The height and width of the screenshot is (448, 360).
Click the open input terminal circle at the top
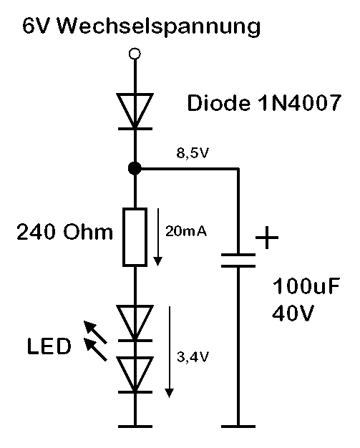134,53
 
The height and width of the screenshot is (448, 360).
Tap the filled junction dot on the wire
134,169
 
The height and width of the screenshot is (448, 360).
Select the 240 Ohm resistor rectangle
134,237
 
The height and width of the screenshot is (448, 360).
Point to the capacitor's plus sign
266,237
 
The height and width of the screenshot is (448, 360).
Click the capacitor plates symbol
238,259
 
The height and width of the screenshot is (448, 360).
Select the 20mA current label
185,232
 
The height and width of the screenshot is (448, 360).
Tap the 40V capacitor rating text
293,313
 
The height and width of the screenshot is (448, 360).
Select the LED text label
49,348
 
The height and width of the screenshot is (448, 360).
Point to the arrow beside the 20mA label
157,236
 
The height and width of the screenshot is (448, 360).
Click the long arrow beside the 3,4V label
169,351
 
